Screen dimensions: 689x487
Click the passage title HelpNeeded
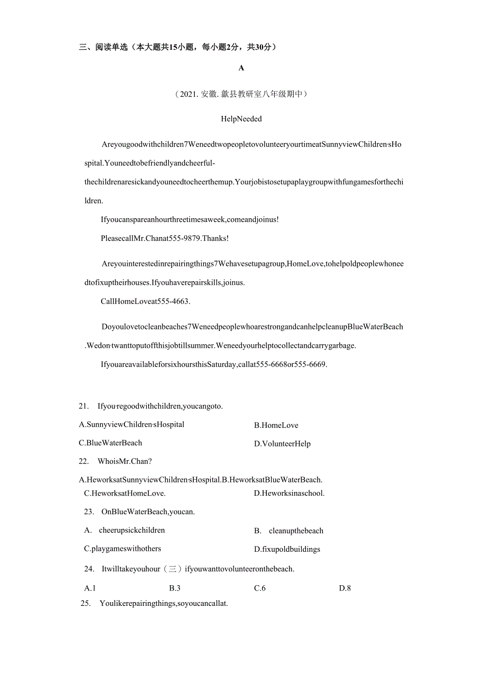[x=241, y=119]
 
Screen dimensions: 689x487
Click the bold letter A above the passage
[x=241, y=68]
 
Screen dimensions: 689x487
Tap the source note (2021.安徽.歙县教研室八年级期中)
[x=241, y=94]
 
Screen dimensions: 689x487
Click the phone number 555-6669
[x=311, y=364]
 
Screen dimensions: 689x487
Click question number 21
[x=84, y=406]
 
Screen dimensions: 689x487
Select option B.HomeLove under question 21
[x=276, y=425]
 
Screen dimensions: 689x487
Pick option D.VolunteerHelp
[x=282, y=444]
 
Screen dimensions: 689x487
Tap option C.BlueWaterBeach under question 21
[x=110, y=443]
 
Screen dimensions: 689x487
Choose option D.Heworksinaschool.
[x=289, y=494]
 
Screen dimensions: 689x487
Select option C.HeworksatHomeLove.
[x=125, y=494]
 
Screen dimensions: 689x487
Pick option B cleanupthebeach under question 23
[x=288, y=531]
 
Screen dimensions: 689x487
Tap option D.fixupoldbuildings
[x=287, y=549]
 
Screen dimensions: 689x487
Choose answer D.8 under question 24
[x=345, y=588]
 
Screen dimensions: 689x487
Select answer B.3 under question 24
[x=175, y=588]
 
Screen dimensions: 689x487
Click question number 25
[x=85, y=604]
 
